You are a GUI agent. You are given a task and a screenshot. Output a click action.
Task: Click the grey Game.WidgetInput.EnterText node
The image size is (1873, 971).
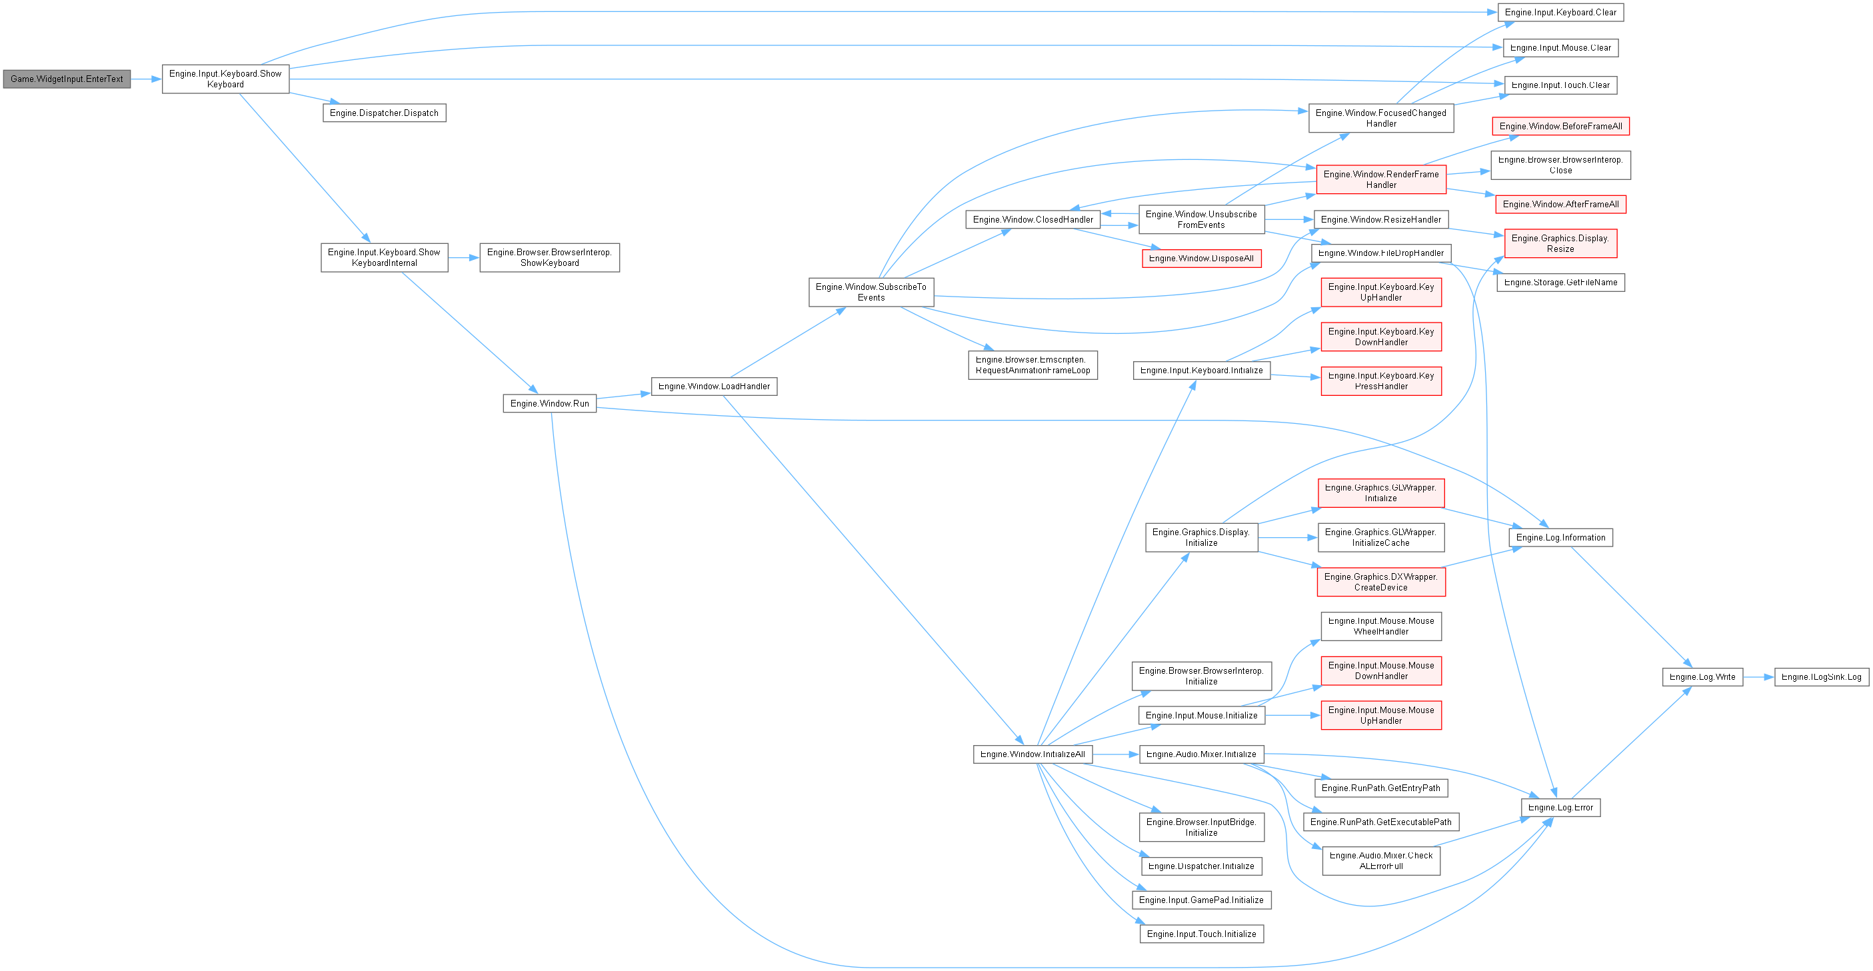[67, 79]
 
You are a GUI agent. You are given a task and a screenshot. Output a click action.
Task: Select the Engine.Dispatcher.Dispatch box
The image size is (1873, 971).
[384, 113]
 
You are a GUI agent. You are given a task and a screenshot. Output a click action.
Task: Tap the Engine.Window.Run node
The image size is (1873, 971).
[550, 403]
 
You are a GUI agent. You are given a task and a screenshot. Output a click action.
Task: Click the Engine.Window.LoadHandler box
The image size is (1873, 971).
[714, 387]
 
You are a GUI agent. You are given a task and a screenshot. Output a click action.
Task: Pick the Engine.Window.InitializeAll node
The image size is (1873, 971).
[1032, 754]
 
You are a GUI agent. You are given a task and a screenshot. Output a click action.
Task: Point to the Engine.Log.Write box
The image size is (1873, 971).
[1702, 677]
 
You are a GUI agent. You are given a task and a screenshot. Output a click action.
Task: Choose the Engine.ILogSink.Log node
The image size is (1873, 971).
[1822, 677]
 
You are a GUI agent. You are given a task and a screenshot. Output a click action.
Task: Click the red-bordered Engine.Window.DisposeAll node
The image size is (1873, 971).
[1201, 259]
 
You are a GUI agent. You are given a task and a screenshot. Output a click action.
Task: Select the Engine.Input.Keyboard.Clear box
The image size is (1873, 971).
[1560, 13]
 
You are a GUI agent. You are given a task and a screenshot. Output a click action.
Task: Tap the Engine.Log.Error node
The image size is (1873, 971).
[1560, 808]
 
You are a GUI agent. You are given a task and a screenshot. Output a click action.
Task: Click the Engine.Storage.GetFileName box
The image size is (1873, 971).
[1560, 283]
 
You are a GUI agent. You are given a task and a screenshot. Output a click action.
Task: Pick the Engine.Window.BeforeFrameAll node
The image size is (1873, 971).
[1560, 127]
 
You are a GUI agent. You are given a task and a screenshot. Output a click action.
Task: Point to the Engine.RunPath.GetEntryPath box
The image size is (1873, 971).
[1381, 788]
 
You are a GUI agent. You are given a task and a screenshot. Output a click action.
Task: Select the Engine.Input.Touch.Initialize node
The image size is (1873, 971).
[1201, 934]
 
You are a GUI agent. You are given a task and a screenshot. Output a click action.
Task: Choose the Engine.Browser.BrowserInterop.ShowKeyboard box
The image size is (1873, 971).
[550, 257]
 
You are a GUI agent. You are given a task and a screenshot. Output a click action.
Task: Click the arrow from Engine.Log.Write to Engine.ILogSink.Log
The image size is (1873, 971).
[1758, 677]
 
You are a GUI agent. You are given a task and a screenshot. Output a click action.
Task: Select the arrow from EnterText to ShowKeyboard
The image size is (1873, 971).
[146, 79]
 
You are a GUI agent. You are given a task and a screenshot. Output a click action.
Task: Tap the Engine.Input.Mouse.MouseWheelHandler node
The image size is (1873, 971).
[1381, 626]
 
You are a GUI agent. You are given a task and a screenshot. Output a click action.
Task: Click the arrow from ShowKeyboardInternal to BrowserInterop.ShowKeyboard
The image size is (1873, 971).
[464, 257]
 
